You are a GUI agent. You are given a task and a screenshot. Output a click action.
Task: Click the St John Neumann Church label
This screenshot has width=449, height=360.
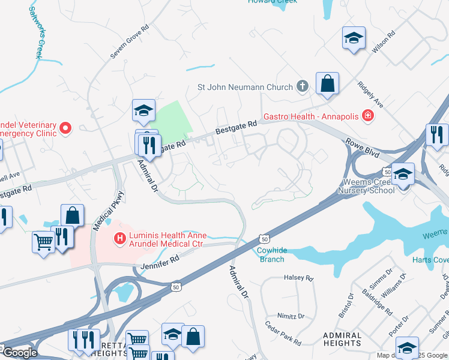pyautogui.click(x=245, y=88)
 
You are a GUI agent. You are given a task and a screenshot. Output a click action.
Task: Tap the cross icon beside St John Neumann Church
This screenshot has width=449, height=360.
pyautogui.click(x=302, y=87)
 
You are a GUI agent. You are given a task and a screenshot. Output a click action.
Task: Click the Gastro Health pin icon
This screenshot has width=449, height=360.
pyautogui.click(x=367, y=116)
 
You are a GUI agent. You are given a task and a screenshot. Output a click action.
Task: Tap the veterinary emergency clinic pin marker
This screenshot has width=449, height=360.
pyautogui.click(x=65, y=128)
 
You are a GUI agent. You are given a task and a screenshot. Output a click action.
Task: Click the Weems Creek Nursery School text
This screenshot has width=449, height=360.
pyautogui.click(x=366, y=186)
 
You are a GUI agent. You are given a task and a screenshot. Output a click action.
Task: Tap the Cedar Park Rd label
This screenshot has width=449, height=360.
pyautogui.click(x=283, y=334)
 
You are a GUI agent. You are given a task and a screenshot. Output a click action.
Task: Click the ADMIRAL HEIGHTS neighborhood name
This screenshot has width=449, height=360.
pyautogui.click(x=342, y=340)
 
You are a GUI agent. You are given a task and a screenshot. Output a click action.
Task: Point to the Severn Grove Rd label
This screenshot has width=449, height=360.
pyautogui.click(x=129, y=42)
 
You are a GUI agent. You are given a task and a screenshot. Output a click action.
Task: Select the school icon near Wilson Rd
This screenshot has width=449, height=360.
pyautogui.click(x=354, y=38)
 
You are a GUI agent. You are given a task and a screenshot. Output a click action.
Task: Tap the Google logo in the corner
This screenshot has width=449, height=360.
pyautogui.click(x=20, y=353)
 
